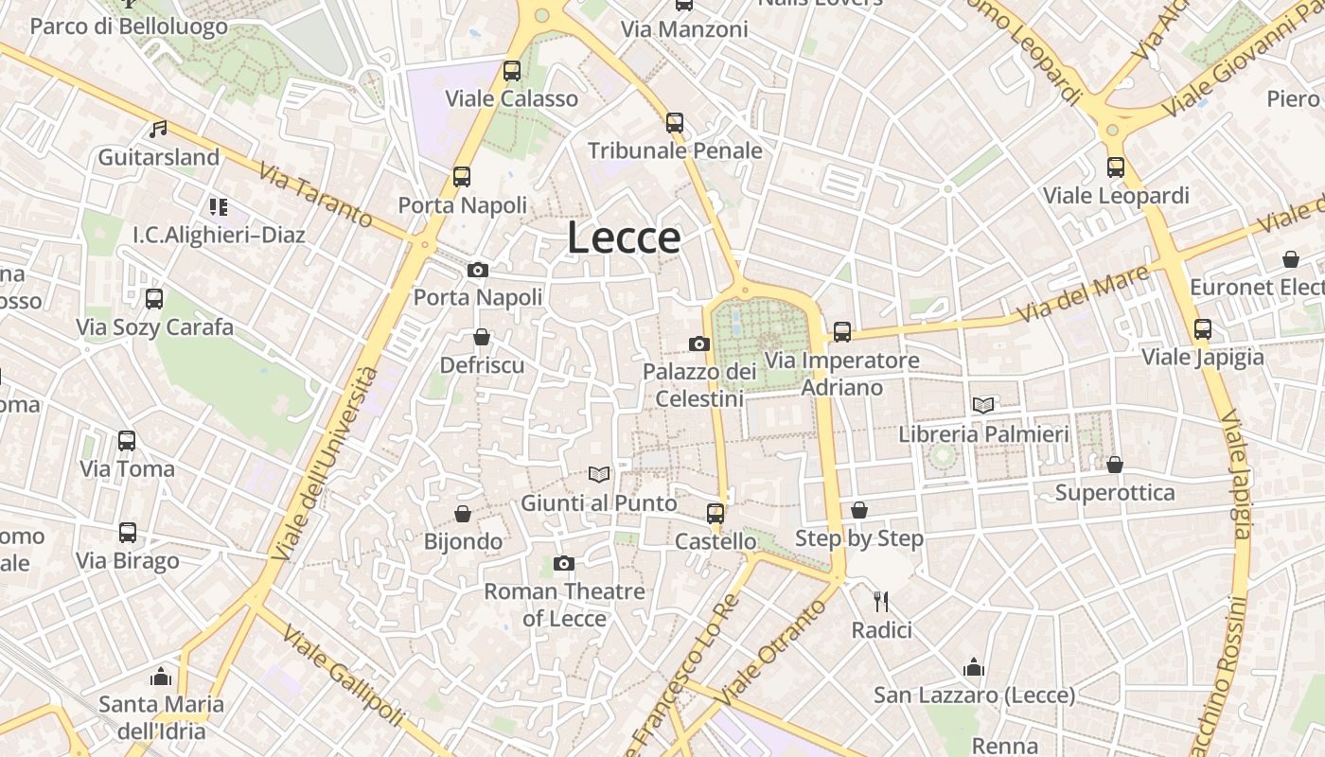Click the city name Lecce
point(624,238)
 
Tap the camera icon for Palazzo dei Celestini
point(699,343)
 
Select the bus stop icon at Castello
point(715,513)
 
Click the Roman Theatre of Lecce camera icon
point(564,564)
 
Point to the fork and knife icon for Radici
point(881,601)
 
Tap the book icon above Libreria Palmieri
point(983,405)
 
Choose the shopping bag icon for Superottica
point(1115,465)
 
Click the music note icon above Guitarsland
point(158,129)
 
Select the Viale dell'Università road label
point(324,464)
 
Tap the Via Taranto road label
point(315,197)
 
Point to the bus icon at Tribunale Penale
point(675,122)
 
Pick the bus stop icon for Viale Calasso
point(512,70)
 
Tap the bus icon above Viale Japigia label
point(1202,328)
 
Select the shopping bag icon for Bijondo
point(463,514)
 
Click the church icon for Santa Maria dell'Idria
point(161,677)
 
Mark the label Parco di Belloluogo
point(129,26)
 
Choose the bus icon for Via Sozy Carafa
point(154,299)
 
